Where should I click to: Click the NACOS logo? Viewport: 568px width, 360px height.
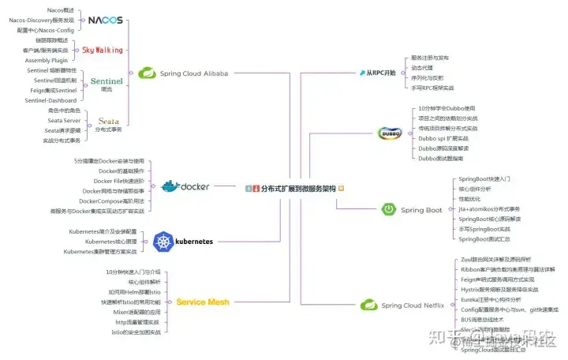(105, 20)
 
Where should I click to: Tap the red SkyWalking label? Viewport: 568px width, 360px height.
(103, 50)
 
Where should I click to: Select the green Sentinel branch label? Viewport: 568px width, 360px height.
(106, 81)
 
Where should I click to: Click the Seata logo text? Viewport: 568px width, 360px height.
(109, 122)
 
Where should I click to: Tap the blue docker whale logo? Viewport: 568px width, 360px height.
(171, 186)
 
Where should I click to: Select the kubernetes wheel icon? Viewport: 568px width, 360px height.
(163, 242)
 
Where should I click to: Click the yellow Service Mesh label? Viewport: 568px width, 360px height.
(203, 302)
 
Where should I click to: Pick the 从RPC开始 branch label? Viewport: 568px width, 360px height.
(378, 73)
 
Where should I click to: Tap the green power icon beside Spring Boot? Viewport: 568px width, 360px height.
(388, 210)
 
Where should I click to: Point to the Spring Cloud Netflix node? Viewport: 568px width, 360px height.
(407, 305)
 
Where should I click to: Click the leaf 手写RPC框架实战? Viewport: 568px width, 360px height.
(438, 88)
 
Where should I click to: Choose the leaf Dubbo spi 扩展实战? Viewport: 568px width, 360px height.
(446, 138)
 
